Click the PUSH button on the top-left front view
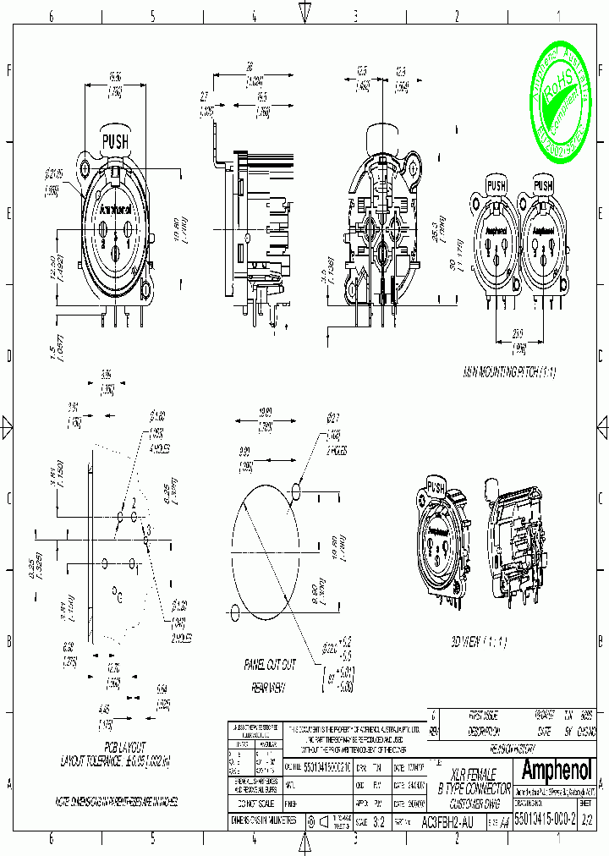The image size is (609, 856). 115,142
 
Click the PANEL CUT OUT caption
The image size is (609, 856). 270,665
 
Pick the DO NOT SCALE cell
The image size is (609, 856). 256,803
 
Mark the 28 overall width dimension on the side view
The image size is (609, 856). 251,66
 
